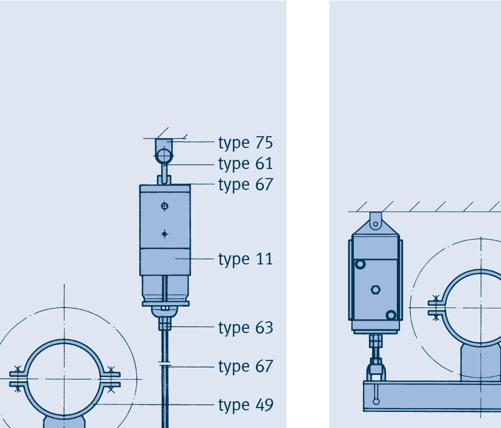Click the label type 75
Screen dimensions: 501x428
(245, 143)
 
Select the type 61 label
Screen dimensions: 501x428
(245, 164)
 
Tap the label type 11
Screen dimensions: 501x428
(245, 259)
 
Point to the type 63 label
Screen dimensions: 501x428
(245, 328)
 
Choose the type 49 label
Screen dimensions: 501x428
(245, 405)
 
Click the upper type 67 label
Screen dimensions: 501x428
(245, 185)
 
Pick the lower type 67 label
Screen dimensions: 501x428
(245, 366)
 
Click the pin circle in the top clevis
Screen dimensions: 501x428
(164, 156)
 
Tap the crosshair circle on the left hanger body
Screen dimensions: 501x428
(164, 206)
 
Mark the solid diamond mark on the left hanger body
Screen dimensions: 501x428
(164, 234)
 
